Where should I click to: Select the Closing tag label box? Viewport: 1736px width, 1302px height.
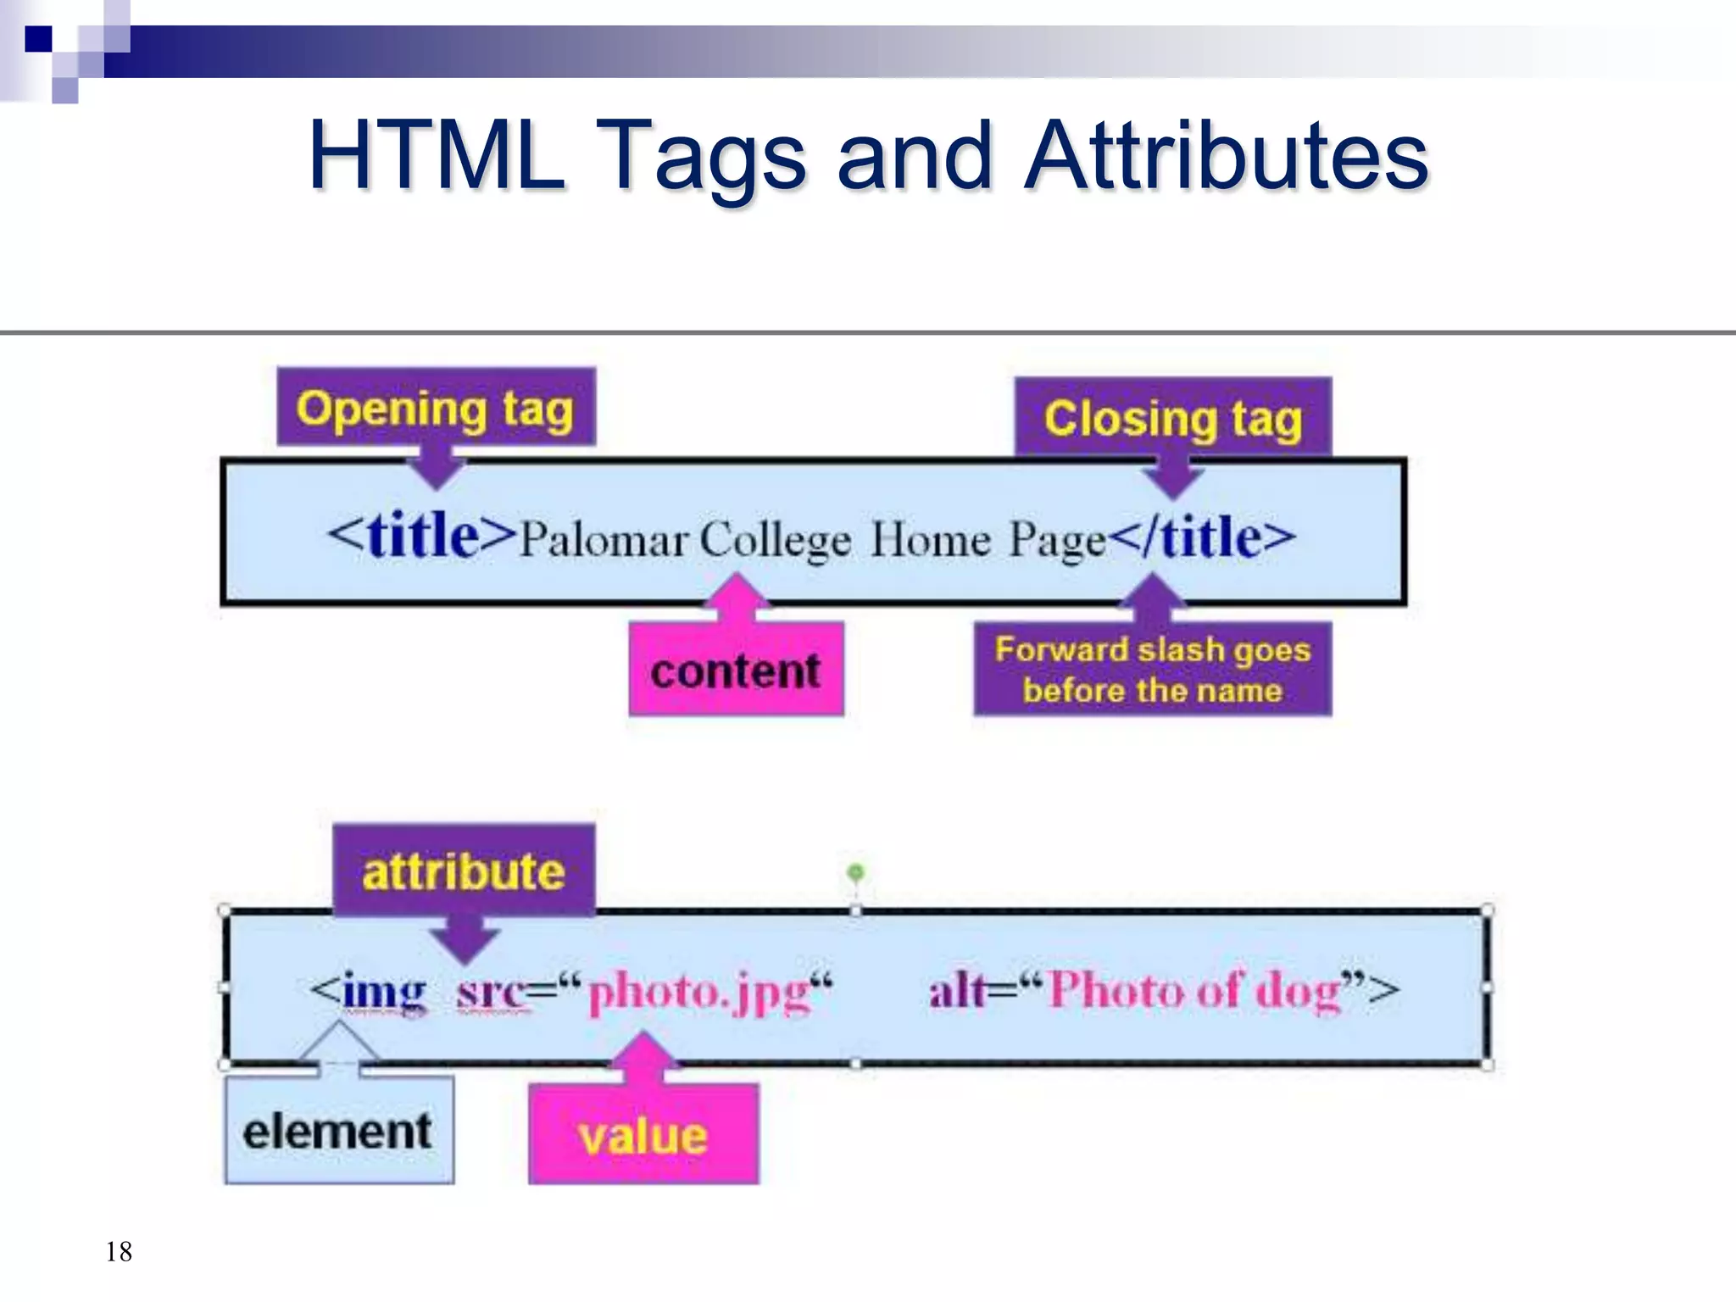pyautogui.click(x=1173, y=418)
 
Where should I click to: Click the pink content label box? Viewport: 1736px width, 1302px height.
pyautogui.click(x=736, y=670)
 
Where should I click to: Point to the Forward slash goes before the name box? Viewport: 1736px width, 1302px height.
pyautogui.click(x=1152, y=670)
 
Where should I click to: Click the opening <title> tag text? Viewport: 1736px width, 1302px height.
pyautogui.click(x=421, y=536)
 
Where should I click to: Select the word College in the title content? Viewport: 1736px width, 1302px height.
pyautogui.click(x=775, y=540)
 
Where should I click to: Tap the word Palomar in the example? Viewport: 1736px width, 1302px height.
pyautogui.click(x=603, y=540)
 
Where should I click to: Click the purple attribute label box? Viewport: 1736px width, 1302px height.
pyautogui.click(x=464, y=871)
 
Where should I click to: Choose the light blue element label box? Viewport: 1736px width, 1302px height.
pyautogui.click(x=338, y=1132)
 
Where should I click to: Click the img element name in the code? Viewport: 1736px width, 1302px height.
pyautogui.click(x=384, y=990)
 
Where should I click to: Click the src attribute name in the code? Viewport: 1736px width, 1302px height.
pyautogui.click(x=492, y=990)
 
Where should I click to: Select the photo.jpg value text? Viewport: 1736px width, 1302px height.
pyautogui.click(x=700, y=992)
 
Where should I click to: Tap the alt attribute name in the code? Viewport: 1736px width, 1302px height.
pyautogui.click(x=958, y=989)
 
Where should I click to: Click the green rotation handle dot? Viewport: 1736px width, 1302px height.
pyautogui.click(x=856, y=871)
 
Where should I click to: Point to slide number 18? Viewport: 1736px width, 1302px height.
pyautogui.click(x=119, y=1251)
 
